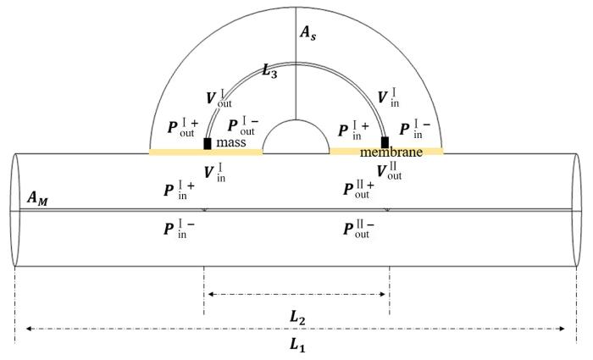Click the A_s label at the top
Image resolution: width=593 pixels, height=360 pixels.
click(308, 33)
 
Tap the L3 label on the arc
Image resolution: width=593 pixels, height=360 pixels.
click(270, 70)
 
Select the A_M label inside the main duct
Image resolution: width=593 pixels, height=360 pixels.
click(37, 198)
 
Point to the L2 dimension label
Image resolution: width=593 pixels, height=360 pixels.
click(297, 317)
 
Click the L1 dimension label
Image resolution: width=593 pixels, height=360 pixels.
click(297, 345)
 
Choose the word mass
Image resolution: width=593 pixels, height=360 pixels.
click(231, 142)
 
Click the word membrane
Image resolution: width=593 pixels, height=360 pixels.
click(391, 152)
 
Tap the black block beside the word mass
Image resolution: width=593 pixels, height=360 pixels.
click(208, 144)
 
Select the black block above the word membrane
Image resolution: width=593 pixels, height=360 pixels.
click(385, 142)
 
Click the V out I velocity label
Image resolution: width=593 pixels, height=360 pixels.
click(219, 98)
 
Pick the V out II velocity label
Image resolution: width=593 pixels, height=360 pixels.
click(389, 170)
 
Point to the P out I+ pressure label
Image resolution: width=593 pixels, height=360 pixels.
click(183, 127)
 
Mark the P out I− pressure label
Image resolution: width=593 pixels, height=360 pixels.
click(243, 125)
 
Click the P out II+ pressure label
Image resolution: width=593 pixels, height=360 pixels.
click(358, 189)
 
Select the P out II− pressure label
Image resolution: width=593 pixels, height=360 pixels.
click(358, 229)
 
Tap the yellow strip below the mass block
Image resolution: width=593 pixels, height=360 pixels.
click(206, 152)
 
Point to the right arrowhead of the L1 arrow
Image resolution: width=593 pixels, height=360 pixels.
click(562, 329)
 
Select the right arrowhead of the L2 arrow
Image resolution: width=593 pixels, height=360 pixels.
click(382, 294)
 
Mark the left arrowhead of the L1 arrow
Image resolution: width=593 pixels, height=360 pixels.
click(28, 329)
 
